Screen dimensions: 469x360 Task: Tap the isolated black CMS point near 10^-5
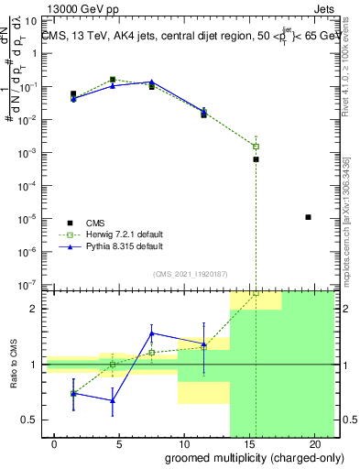click(309, 217)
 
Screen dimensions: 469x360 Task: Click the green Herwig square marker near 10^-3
click(256, 147)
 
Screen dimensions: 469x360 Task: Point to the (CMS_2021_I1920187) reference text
click(191, 273)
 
